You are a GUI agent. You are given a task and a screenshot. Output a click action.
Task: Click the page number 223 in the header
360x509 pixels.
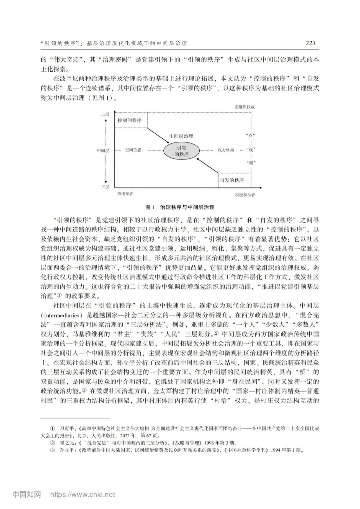[x=310, y=43]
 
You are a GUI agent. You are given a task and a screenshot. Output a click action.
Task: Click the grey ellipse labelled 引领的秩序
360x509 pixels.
[x=182, y=151]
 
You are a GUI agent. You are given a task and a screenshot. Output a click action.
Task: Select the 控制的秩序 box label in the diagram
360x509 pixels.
[x=130, y=120]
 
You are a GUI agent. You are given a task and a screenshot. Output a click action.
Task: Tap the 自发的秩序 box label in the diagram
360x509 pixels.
[x=232, y=180]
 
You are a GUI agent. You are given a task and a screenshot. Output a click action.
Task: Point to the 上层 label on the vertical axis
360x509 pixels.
[x=105, y=114]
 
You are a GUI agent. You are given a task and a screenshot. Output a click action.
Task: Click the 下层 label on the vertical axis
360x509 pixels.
[x=105, y=187]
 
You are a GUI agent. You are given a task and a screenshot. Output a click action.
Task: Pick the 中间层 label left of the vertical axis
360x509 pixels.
[x=103, y=150]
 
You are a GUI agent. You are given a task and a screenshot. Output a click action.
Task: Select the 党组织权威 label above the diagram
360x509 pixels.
[x=244, y=107]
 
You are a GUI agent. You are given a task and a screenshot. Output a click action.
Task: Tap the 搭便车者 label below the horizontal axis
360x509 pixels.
[x=125, y=194]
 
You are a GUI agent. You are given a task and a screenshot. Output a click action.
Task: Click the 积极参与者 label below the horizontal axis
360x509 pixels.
[x=245, y=195]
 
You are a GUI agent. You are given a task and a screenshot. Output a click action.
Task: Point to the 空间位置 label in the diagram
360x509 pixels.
[x=133, y=150]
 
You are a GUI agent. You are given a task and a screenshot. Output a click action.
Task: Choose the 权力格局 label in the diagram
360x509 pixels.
[x=226, y=150]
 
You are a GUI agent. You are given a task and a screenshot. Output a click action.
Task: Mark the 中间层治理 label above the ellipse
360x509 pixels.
[x=181, y=136]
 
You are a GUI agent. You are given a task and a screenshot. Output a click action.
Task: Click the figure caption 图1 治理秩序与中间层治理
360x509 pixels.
[x=180, y=207]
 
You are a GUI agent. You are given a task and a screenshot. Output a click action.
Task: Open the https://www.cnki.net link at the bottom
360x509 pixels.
[x=83, y=494]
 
